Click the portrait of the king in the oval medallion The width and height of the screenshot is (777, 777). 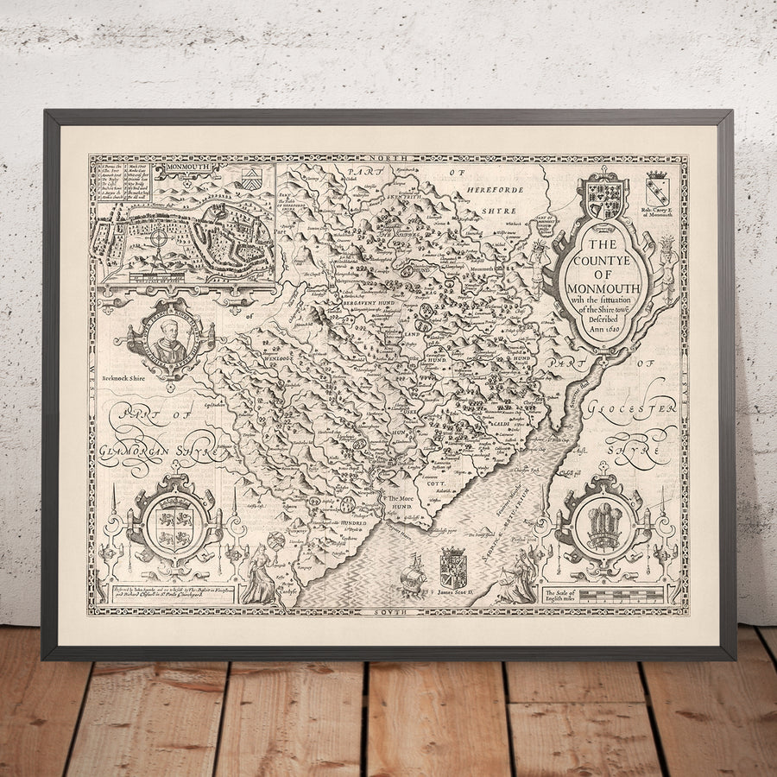coord(170,339)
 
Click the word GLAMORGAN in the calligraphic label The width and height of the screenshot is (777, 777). coord(147,450)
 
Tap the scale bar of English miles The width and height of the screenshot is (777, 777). coord(604,596)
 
